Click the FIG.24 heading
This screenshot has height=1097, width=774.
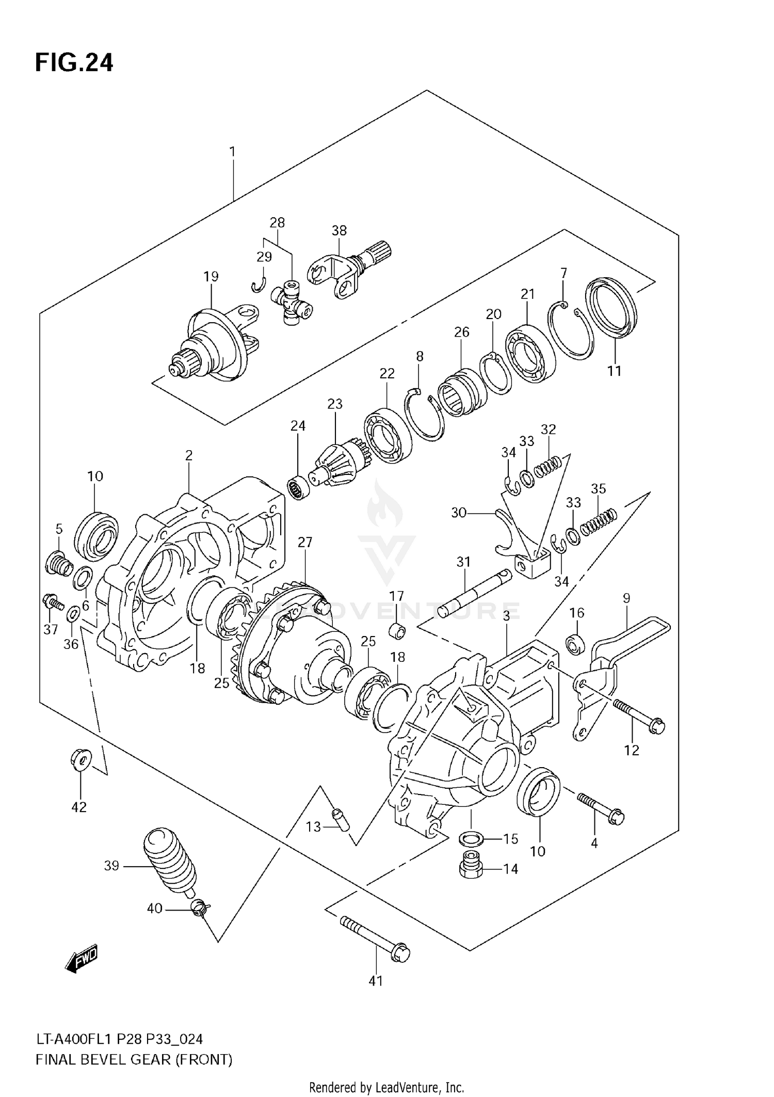coord(74,63)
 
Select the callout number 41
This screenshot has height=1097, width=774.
coord(376,980)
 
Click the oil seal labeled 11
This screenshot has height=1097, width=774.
coord(611,308)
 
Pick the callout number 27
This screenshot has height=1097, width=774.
coord(305,542)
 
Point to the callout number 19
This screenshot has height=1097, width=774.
coord(211,277)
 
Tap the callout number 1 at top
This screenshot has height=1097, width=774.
coord(232,152)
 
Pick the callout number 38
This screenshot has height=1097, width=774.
coord(339,230)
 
